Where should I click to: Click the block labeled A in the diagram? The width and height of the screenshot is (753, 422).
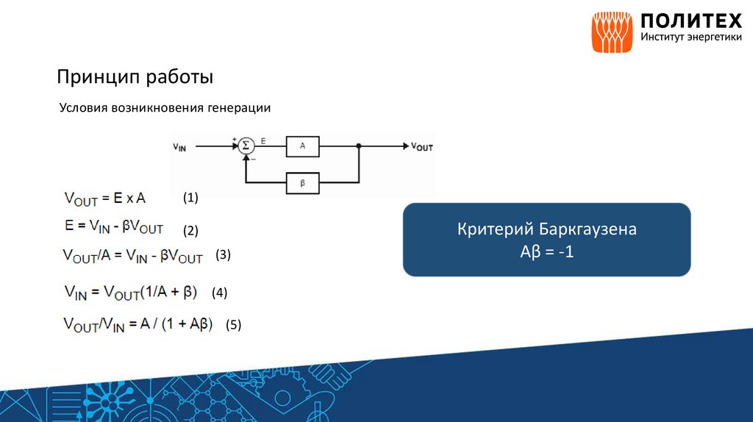point(302,146)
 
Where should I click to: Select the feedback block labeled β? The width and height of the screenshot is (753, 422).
point(302,182)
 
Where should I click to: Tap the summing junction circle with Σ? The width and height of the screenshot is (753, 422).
point(246,146)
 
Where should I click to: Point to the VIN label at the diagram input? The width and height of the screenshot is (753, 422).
point(179,146)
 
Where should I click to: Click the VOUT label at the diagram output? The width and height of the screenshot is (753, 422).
point(422,146)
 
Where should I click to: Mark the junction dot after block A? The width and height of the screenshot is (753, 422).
point(358,146)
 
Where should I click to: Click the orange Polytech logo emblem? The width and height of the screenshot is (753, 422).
point(613,32)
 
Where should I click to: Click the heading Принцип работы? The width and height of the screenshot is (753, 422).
point(136,76)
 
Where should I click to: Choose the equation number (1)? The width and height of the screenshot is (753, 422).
point(191,198)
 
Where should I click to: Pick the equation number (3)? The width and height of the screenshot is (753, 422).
point(224,255)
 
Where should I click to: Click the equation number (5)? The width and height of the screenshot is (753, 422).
point(234,324)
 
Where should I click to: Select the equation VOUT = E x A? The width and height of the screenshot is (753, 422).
point(105,199)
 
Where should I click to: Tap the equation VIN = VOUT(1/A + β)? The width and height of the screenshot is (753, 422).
point(131,293)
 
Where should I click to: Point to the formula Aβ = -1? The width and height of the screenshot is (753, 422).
point(546,251)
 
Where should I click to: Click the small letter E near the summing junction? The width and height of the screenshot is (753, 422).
point(263,139)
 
